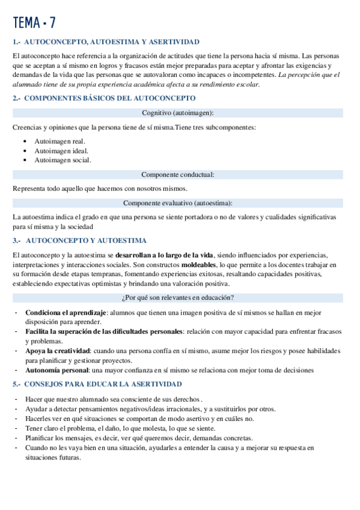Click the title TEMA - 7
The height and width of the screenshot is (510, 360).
[x=34, y=22]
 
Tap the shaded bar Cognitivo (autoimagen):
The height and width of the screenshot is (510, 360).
[x=177, y=112]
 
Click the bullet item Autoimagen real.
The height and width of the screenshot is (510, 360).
[x=60, y=141]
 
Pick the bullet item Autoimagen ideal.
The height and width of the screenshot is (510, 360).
[x=61, y=150]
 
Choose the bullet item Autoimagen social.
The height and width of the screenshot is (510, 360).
[x=63, y=160]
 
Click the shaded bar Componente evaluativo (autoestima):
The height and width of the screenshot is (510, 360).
[x=177, y=203]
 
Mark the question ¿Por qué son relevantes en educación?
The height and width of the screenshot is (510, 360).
[x=177, y=297]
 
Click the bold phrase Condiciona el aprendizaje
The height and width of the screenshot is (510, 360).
[x=66, y=313]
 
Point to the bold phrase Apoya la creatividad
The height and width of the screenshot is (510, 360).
[x=59, y=351]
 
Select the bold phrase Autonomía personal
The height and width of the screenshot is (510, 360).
[x=57, y=370]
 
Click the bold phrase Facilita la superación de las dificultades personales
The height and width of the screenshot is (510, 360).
[x=104, y=331]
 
